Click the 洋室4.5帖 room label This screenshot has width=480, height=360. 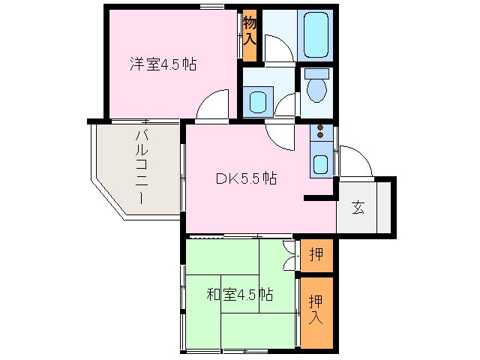(163, 64)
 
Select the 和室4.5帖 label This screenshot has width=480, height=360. (239, 295)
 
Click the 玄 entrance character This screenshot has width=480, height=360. (358, 208)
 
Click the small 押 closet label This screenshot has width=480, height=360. (316, 255)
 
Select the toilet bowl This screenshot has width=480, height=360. (317, 88)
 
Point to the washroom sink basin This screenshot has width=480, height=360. (257, 101)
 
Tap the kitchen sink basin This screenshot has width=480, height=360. (321, 163)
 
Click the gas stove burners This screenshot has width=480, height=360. (321, 133)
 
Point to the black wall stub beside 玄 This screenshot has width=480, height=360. (319, 198)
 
